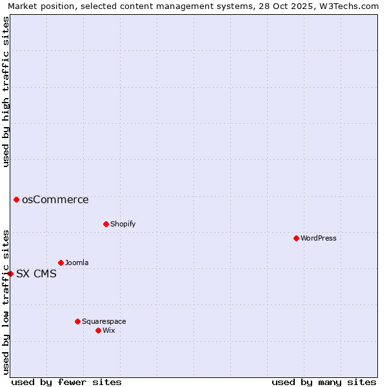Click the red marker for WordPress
(x=296, y=238)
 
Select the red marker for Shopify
(x=106, y=224)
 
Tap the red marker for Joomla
(x=61, y=263)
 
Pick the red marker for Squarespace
(x=77, y=321)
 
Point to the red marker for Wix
(x=98, y=330)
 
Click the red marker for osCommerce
(x=16, y=199)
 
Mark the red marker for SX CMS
(x=10, y=273)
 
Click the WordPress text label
(x=319, y=238)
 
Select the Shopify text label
(x=123, y=224)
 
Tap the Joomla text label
(x=77, y=263)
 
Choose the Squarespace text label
(x=104, y=321)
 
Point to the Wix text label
(x=109, y=330)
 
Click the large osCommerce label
(x=55, y=199)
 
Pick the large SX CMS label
(x=36, y=273)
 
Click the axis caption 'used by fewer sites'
(x=66, y=382)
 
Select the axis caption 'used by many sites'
(x=324, y=382)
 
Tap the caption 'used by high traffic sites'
(x=6, y=92)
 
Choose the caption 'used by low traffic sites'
(x=6, y=302)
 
